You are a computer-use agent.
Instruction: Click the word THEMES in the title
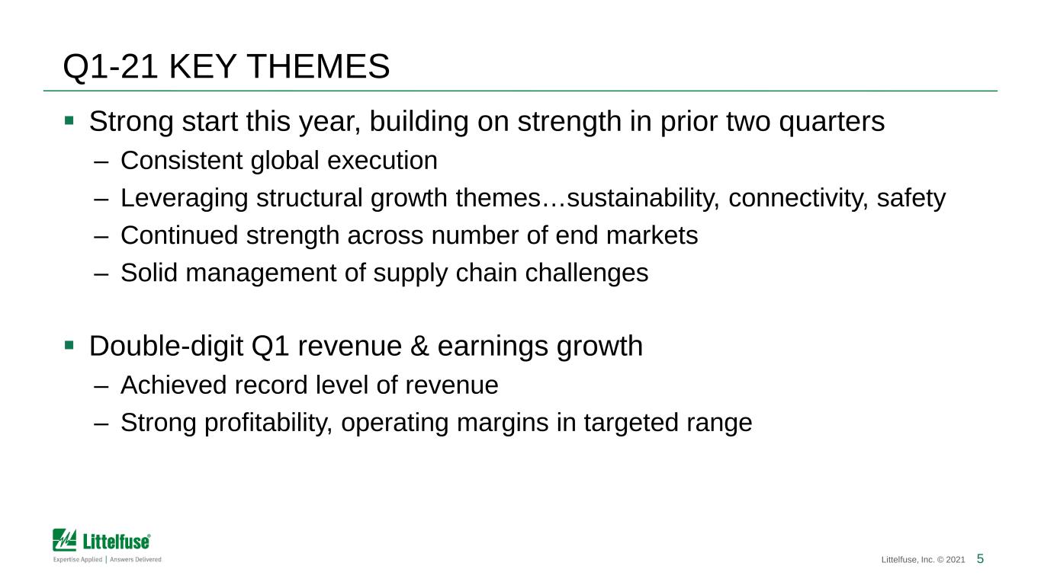tap(320, 66)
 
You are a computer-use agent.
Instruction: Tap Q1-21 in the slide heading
tap(110, 67)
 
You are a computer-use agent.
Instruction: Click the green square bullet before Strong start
tap(69, 121)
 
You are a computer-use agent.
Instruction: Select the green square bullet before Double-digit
tap(69, 345)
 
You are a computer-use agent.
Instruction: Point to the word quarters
tap(831, 123)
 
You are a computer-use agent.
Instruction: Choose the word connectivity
tap(798, 199)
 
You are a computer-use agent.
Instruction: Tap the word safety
tap(911, 199)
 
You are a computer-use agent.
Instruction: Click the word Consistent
tap(182, 161)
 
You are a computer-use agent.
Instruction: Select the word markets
tap(652, 235)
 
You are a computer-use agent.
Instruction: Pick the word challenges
tap(586, 273)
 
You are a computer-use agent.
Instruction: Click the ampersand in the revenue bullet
tap(419, 347)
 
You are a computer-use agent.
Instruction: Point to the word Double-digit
tap(166, 347)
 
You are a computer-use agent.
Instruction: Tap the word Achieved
tap(173, 385)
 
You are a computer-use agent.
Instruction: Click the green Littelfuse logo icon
tap(64, 540)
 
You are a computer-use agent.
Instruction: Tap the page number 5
tap(980, 558)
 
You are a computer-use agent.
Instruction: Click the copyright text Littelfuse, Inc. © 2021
tap(923, 560)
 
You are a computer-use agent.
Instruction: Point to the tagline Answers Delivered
tap(136, 559)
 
